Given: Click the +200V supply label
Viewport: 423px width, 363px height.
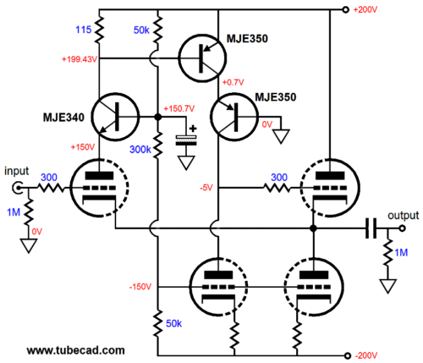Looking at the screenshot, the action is tap(365, 10).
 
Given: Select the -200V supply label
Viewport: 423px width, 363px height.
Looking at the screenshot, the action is tap(366, 355).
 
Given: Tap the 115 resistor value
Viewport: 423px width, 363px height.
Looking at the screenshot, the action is tap(84, 30).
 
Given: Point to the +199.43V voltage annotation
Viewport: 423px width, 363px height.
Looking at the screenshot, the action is tap(80, 59).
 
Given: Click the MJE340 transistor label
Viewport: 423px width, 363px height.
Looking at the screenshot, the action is tap(63, 118).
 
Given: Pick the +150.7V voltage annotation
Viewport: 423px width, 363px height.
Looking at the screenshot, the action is tap(179, 108).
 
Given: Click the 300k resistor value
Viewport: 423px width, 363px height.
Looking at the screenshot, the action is tap(140, 150).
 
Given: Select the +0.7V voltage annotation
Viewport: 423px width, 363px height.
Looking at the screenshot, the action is tap(233, 82).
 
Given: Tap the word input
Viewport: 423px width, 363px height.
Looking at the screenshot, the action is tap(16, 172).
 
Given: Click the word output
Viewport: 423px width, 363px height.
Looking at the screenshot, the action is tap(404, 216).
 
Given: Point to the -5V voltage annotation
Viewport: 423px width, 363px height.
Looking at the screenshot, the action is tap(206, 188).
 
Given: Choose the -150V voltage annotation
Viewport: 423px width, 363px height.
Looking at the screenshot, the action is tap(140, 287).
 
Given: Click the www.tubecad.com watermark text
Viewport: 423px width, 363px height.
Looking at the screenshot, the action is tap(76, 350).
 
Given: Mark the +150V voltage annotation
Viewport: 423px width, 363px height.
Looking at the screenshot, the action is tap(82, 147).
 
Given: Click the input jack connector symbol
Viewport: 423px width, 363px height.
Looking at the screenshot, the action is tap(18, 188).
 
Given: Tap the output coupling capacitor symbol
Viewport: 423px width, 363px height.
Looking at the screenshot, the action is tap(371, 228).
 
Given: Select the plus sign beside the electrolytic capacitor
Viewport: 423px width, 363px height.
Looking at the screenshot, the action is tap(193, 129).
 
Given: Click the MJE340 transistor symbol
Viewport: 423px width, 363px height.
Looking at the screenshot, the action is tap(115, 117).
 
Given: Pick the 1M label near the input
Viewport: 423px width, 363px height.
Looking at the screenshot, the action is tap(14, 212).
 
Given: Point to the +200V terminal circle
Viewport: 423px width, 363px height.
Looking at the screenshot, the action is tap(345, 10).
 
